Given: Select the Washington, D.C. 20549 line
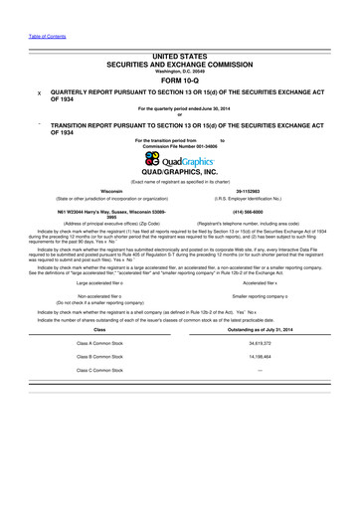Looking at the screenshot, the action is [x=180, y=71].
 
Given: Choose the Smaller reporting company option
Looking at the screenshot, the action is [x=259, y=296].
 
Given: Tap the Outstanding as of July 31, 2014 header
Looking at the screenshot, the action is [x=259, y=329].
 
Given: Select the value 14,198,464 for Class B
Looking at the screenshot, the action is [x=259, y=355].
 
